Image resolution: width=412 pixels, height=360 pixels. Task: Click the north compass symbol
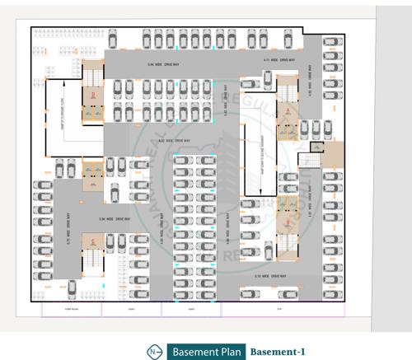pyautogui.click(x=152, y=352)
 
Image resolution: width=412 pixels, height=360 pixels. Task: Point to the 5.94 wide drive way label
pyautogui.click(x=163, y=64)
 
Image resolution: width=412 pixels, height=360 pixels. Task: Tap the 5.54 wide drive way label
pyautogui.click(x=111, y=219)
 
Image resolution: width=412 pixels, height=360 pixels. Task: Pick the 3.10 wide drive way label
pyautogui.click(x=270, y=276)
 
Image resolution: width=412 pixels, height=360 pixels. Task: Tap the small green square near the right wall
pyautogui.click(x=315, y=146)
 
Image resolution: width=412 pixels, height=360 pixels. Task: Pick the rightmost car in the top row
pyautogui.click(x=289, y=38)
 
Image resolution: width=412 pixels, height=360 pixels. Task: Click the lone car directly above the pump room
pyautogui.click(x=72, y=288)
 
